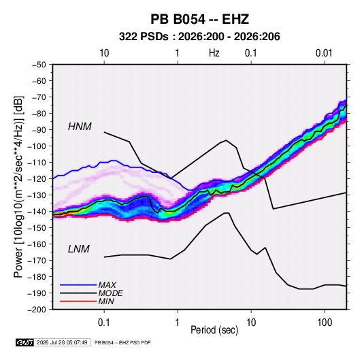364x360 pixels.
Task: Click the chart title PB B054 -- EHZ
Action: click(199, 19)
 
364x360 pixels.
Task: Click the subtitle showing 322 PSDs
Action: click(199, 37)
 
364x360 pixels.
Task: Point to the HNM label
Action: click(80, 127)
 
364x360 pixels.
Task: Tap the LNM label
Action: click(79, 249)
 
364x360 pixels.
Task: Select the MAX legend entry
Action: click(107, 284)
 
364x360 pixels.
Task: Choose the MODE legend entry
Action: click(110, 293)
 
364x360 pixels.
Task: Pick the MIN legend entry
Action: click(106, 301)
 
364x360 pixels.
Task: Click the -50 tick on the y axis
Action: click(39, 65)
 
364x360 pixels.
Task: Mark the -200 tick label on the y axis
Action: click(37, 310)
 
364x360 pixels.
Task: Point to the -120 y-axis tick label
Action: click(37, 179)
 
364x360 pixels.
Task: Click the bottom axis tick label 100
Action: click(325, 323)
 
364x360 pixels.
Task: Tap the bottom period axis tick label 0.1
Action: click(104, 323)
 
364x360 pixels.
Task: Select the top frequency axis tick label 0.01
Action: click(324, 53)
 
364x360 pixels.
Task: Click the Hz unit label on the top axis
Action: click(214, 53)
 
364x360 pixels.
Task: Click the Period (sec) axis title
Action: click(214, 330)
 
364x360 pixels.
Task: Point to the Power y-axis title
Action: click(18, 186)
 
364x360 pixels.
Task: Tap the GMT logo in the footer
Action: click(25, 342)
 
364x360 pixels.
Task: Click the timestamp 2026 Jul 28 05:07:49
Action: click(62, 342)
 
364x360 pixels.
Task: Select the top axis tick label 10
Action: click(104, 53)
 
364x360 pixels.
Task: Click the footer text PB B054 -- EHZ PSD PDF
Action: click(122, 342)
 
